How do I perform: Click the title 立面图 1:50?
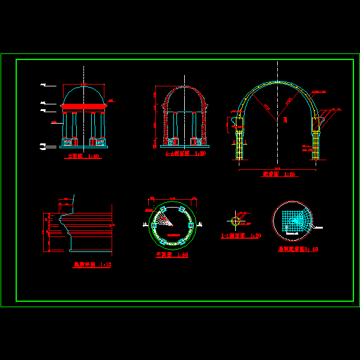[x=83, y=157]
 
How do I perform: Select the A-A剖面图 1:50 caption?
[x=185, y=154]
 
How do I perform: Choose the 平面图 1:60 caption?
[x=172, y=254]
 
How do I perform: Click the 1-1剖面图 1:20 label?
[x=241, y=236]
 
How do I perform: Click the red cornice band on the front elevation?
[x=84, y=108]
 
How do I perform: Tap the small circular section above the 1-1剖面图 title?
[x=236, y=221]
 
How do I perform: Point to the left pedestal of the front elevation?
[x=68, y=142]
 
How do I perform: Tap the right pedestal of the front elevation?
[x=99, y=142]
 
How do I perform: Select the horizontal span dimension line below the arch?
[x=277, y=170]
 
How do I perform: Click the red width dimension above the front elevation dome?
[x=84, y=83]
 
